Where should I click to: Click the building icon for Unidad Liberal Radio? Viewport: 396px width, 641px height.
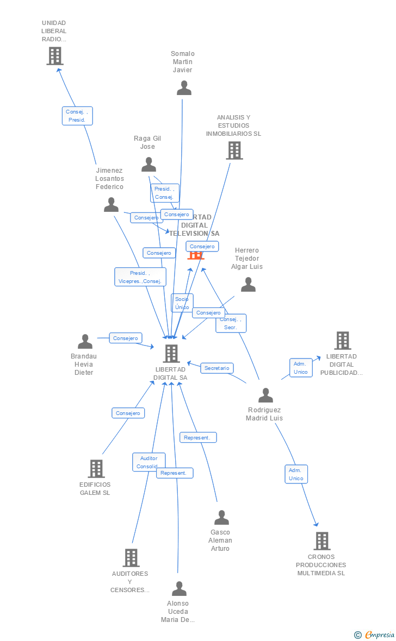click(55, 56)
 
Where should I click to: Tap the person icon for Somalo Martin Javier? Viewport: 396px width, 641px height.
click(184, 88)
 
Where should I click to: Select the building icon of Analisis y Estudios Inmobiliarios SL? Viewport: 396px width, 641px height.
click(234, 150)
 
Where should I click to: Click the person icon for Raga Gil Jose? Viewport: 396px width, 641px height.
click(148, 165)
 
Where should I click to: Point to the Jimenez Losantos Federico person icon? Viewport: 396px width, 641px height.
click(111, 205)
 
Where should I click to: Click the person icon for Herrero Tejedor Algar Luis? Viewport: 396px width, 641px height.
click(248, 285)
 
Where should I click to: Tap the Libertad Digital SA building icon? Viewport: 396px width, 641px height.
click(171, 354)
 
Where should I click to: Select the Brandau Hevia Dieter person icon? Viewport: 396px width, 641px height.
click(85, 342)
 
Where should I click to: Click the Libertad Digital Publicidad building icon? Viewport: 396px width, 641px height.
click(342, 341)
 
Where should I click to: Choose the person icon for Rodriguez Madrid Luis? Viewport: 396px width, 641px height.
click(265, 395)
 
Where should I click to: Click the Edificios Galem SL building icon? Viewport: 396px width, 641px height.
click(96, 469)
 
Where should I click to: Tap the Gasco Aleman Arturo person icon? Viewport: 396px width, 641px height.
click(221, 518)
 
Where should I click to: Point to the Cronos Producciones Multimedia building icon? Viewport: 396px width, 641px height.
click(322, 541)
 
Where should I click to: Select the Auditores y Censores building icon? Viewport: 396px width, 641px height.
click(131, 558)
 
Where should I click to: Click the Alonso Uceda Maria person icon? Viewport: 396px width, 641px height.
click(179, 589)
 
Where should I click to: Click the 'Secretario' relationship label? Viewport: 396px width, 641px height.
click(217, 368)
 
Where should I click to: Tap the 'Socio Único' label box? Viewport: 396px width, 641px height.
click(182, 303)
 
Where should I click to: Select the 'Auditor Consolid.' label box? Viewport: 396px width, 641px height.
click(148, 462)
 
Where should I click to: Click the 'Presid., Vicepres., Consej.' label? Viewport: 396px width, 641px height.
click(140, 277)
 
